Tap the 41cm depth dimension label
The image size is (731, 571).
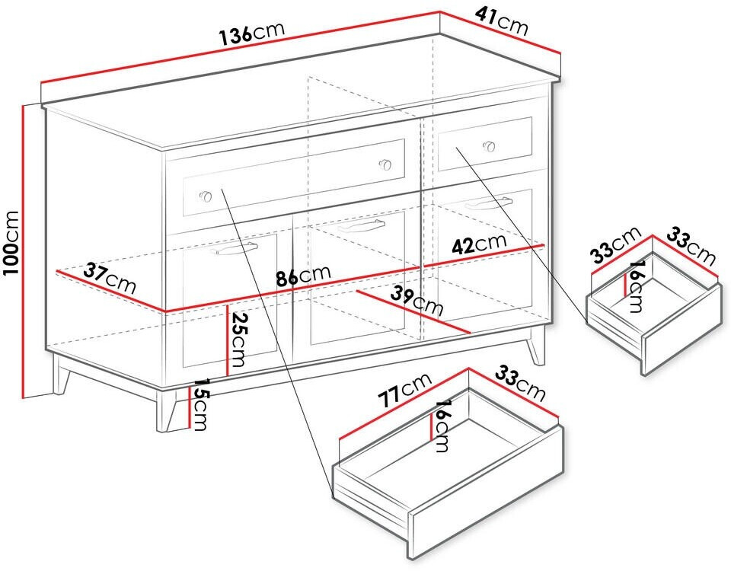[502, 21]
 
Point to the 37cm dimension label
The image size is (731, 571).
[110, 279]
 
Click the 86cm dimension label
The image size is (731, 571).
[303, 275]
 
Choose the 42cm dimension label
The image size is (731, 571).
[479, 243]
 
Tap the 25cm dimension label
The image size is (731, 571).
[238, 340]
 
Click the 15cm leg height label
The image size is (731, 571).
[200, 404]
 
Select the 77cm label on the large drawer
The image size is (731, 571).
[404, 390]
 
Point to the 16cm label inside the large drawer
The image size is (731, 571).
[442, 426]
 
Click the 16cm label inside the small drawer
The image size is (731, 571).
[635, 286]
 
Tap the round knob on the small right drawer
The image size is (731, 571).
[489, 146]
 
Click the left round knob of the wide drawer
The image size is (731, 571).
[206, 196]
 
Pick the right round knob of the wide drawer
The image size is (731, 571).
[385, 164]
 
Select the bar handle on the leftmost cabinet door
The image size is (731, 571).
[234, 249]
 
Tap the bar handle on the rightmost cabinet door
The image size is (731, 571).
[488, 204]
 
